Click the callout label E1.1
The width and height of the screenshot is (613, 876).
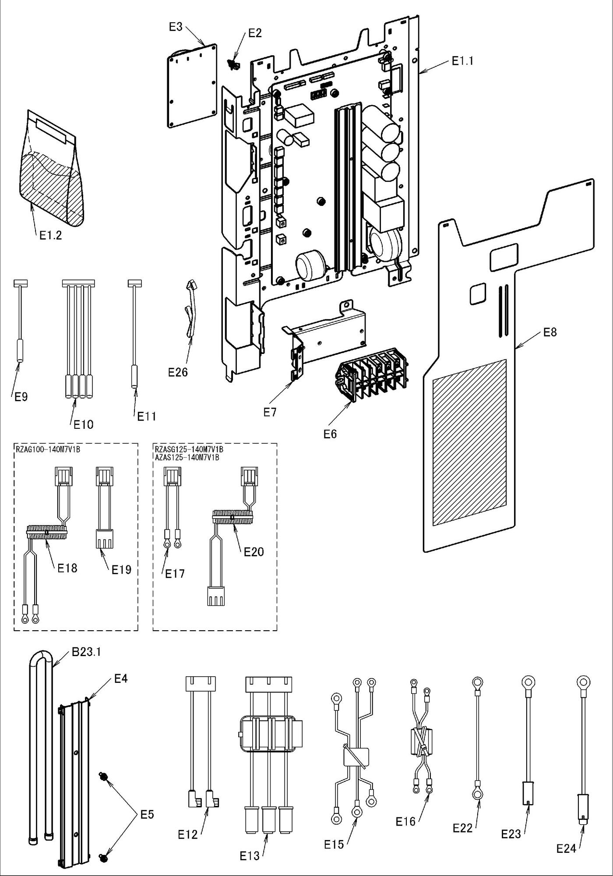[x=462, y=61]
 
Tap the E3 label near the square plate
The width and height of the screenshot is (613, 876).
[x=176, y=27]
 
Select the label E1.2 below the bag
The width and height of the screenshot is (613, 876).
[x=51, y=236]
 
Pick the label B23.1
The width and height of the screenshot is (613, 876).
[x=86, y=652]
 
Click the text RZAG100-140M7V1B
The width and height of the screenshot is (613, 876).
[x=48, y=449]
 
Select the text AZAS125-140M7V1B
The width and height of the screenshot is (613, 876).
[x=187, y=457]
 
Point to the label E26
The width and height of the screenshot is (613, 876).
[x=178, y=372]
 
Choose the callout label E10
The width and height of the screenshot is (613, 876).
[x=83, y=424]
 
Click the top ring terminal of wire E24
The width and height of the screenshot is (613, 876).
[x=583, y=682]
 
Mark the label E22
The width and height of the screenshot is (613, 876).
[x=463, y=828]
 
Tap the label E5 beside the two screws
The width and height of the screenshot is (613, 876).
[x=147, y=815]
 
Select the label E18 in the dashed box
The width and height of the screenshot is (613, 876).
[x=67, y=568]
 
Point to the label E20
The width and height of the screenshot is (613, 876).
[x=254, y=551]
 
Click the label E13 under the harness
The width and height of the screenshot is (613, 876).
[x=250, y=856]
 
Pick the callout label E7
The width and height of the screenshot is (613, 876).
[x=270, y=412]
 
